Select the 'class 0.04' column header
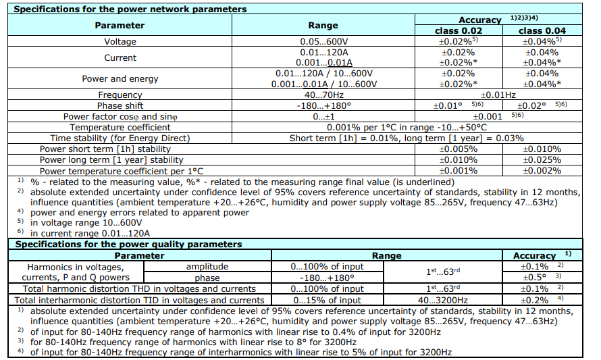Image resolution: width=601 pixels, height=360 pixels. (542, 30)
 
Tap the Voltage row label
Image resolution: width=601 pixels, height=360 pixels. (120, 42)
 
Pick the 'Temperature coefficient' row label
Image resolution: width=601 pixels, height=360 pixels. (120, 128)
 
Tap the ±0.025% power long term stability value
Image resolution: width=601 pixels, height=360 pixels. (542, 160)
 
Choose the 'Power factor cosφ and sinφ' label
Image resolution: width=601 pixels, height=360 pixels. (120, 117)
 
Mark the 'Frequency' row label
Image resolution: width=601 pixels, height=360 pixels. (120, 95)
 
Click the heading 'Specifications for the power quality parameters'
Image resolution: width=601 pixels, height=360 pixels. (128, 245)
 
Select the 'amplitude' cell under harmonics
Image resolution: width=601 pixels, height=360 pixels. (207, 267)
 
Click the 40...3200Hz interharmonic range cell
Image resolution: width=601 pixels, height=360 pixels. (443, 300)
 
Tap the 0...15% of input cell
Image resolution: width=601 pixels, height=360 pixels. (328, 300)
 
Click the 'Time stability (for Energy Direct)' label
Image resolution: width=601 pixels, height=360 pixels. (120, 138)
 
